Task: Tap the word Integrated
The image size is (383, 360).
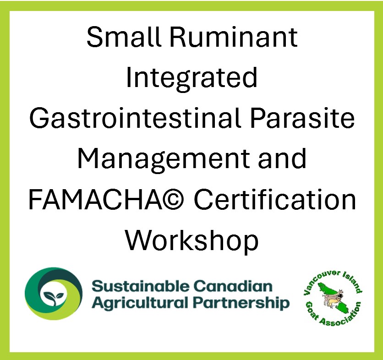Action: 191,77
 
